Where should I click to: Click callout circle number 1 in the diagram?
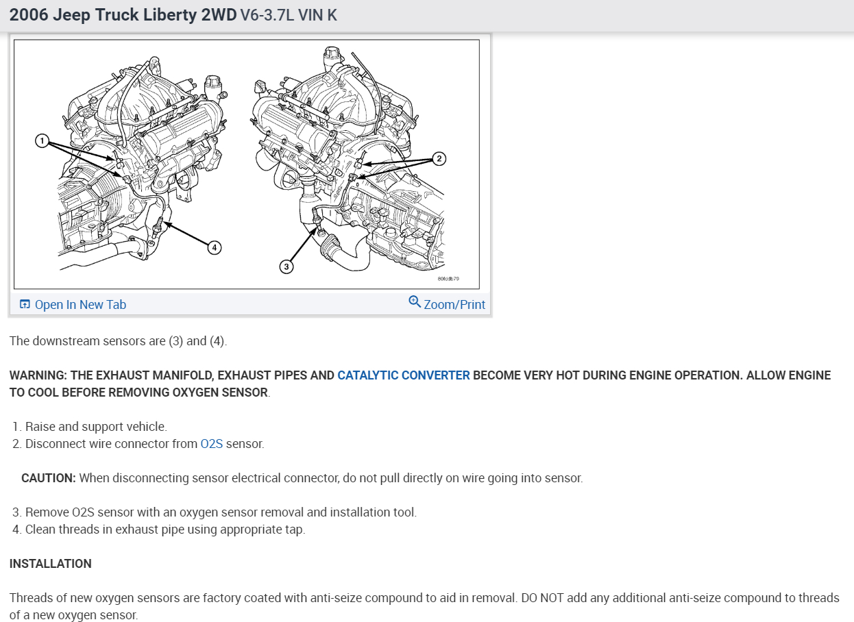pos(42,141)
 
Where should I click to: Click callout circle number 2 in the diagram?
pos(439,158)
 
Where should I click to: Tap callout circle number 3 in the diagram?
pos(286,266)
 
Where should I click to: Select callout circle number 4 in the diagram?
pos(215,248)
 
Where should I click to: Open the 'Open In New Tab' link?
pos(80,305)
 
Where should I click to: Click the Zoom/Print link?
pos(454,305)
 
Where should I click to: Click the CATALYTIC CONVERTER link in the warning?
pos(404,375)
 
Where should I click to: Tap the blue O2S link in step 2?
pos(212,444)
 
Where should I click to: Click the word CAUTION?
pos(49,478)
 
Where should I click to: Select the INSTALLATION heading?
pos(50,564)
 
